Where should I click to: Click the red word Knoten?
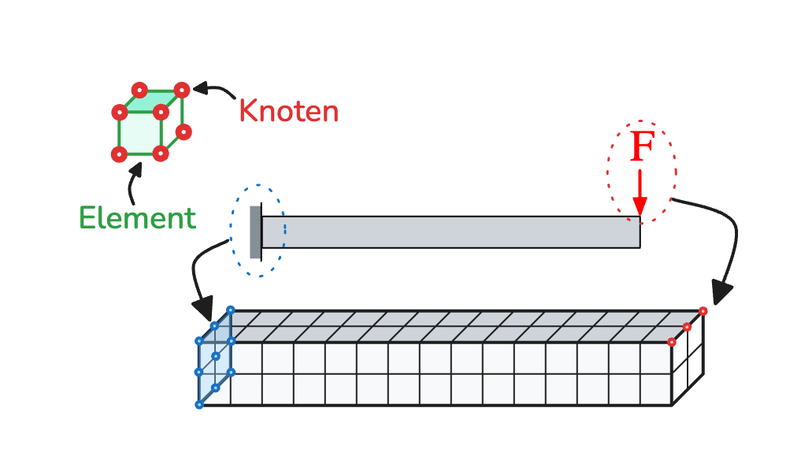coord(288,112)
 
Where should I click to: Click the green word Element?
coord(137,217)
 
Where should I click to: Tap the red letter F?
coord(642,147)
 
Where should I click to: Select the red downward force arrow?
coord(640,193)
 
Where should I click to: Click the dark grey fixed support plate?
coord(254,232)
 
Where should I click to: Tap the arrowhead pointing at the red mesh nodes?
coord(721,293)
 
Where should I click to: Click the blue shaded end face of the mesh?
coord(214,359)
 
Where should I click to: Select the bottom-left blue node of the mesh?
coord(199,405)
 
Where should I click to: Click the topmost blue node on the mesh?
coord(230,310)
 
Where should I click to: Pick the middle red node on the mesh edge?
coord(687,327)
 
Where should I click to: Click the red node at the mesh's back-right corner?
coord(703,311)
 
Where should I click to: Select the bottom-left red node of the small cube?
coord(119,154)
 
